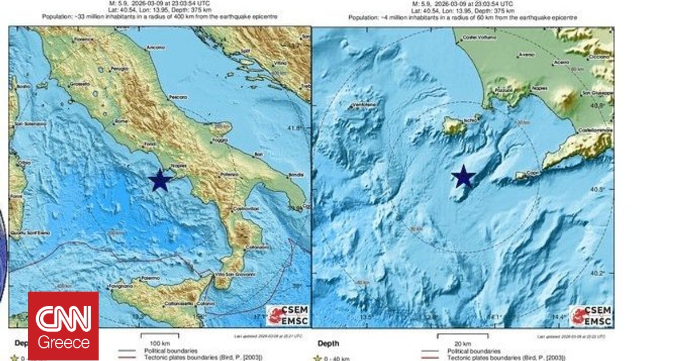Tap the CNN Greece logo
click(63, 325)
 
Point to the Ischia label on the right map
click(468, 120)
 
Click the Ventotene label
click(365, 105)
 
